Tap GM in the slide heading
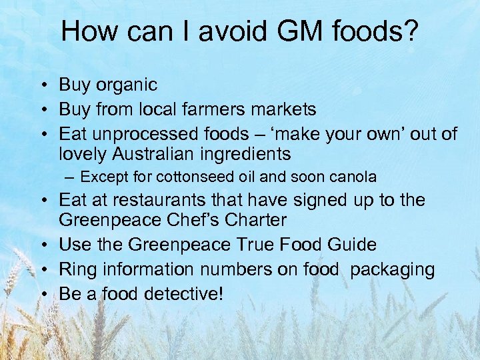point(290,31)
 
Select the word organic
point(127,85)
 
